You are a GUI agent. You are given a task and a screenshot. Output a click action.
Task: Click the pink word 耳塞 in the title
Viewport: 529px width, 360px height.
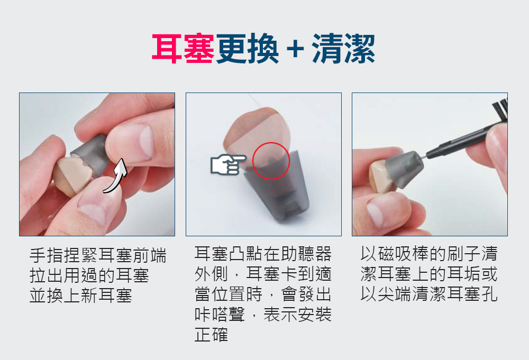pyautogui.click(x=183, y=49)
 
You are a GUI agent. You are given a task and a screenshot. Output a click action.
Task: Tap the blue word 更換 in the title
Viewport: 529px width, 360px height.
pyautogui.click(x=247, y=49)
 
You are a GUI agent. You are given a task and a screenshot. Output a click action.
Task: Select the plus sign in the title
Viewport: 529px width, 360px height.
pyautogui.click(x=295, y=49)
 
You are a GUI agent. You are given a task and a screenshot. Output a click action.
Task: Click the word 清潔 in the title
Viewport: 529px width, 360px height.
pyautogui.click(x=343, y=49)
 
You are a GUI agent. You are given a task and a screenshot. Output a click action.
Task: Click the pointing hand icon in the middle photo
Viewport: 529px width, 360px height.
pyautogui.click(x=228, y=164)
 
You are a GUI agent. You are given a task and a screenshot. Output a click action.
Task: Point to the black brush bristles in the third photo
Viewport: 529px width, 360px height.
pyautogui.click(x=500, y=108)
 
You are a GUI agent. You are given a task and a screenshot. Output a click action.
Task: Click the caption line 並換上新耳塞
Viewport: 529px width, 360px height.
pyautogui.click(x=80, y=296)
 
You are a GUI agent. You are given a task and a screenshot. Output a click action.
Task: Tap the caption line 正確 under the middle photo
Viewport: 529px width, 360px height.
pyautogui.click(x=211, y=335)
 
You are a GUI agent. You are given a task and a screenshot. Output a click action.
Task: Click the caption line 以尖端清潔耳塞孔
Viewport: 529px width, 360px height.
pyautogui.click(x=429, y=293)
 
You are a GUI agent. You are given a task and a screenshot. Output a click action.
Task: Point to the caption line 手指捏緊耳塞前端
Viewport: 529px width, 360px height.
pyautogui.click(x=98, y=255)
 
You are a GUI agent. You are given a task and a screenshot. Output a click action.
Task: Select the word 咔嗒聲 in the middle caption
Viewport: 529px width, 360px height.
pyautogui.click(x=220, y=314)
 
